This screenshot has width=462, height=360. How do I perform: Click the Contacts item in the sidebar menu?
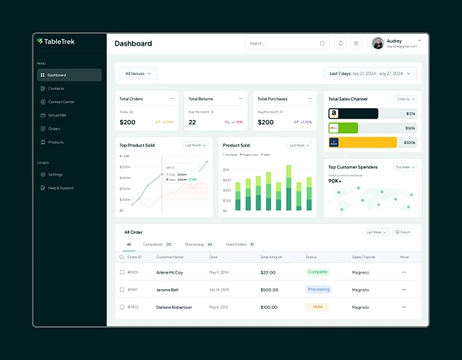click(55, 88)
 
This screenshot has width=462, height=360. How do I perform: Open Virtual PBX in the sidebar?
click(57, 115)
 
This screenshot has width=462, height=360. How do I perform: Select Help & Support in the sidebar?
click(60, 188)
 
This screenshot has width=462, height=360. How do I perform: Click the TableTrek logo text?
click(60, 41)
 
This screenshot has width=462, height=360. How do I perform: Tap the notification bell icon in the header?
click(341, 43)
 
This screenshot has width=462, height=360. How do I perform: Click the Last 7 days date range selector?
click(371, 73)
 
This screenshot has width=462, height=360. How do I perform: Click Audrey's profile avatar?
click(378, 43)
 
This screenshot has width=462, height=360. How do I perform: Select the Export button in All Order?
click(403, 232)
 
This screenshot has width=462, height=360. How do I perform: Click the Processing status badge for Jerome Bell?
click(318, 289)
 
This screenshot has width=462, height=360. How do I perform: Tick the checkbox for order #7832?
click(122, 307)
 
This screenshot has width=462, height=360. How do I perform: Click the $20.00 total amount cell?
click(268, 272)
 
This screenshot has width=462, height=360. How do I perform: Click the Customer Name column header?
click(169, 257)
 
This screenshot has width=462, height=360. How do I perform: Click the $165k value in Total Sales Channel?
click(410, 128)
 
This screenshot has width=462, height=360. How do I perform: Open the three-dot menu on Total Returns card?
click(241, 98)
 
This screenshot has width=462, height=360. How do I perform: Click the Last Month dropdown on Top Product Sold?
click(196, 145)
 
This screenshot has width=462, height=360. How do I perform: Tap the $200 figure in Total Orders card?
click(127, 122)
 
